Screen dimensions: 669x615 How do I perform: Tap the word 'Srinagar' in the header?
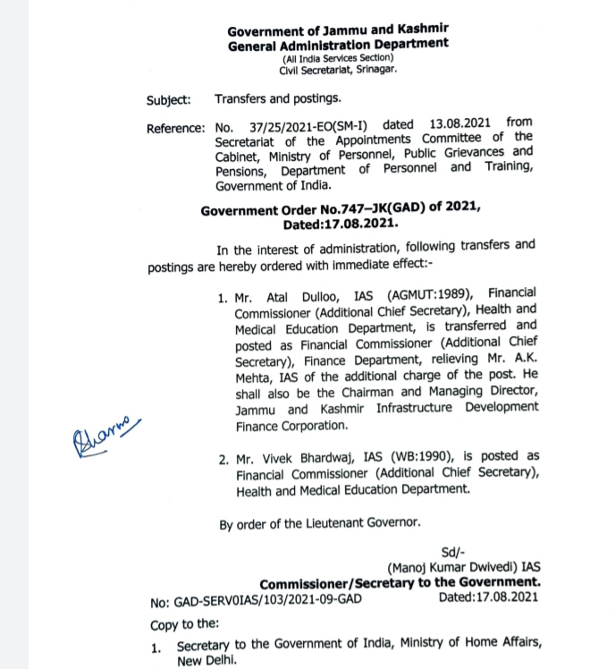pos(376,69)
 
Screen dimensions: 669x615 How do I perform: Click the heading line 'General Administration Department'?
pos(338,43)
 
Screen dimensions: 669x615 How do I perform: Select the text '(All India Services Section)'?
pos(337,57)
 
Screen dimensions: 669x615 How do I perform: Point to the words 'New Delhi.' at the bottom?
pos(207,661)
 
